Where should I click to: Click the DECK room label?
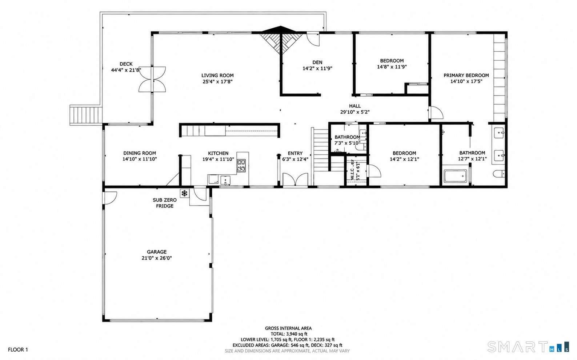coord(126,64)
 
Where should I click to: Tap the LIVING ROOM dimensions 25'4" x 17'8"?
coord(217,82)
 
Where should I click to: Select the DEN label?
coord(317,62)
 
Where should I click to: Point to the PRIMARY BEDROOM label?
coord(466,76)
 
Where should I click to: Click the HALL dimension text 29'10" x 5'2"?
coord(355,112)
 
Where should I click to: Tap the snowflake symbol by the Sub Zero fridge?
coord(184,193)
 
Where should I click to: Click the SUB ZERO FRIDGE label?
coord(165,203)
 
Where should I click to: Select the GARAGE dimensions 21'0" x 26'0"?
coord(157,258)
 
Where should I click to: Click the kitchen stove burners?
coord(241,165)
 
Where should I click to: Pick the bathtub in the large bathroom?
coord(455,176)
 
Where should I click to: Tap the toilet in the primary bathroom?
coord(499,174)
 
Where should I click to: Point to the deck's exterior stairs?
coord(86,115)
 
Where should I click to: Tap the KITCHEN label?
coord(218,153)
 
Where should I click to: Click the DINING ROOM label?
coord(140,153)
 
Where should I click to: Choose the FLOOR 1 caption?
coord(18,350)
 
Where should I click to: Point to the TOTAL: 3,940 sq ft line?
coord(289,334)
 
